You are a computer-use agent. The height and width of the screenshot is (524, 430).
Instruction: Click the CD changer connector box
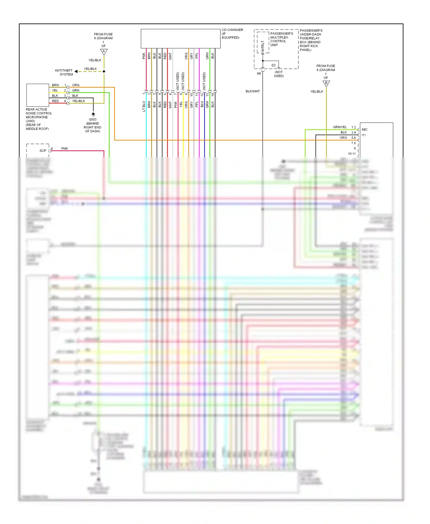click(x=181, y=38)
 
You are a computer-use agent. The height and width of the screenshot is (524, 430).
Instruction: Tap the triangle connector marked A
click(x=104, y=52)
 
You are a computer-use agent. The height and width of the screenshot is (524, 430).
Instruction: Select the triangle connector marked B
click(x=326, y=83)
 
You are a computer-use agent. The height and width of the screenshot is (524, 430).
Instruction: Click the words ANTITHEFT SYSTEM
click(x=64, y=72)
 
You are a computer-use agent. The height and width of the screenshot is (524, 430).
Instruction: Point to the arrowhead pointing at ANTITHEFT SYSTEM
click(x=76, y=71)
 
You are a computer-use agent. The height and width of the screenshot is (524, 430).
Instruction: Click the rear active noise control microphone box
click(x=38, y=95)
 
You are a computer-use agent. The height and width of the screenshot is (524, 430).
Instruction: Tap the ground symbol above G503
click(x=93, y=114)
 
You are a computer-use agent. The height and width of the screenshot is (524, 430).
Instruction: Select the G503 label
click(x=93, y=120)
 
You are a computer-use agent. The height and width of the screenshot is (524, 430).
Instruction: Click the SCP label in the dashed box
click(x=43, y=151)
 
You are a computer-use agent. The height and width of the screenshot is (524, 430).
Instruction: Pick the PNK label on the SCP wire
click(x=64, y=148)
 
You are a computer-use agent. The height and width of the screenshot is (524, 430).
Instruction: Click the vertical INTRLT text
click(x=263, y=46)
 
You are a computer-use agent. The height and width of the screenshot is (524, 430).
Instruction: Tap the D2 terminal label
click(x=273, y=65)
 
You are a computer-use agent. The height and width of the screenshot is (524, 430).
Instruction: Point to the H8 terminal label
click(x=259, y=74)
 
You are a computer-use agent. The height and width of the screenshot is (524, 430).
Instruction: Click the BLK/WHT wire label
click(x=253, y=91)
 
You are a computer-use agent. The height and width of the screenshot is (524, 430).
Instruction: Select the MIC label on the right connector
click(x=365, y=130)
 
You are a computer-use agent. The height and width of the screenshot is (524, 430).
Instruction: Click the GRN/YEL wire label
click(x=340, y=127)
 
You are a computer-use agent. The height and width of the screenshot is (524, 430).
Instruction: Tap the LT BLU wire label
click(x=144, y=106)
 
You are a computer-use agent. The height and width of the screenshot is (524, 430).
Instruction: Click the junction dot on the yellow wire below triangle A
click(x=104, y=71)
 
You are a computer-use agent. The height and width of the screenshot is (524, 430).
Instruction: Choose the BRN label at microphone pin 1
click(x=55, y=85)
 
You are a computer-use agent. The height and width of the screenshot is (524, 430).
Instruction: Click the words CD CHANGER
click(x=232, y=30)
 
